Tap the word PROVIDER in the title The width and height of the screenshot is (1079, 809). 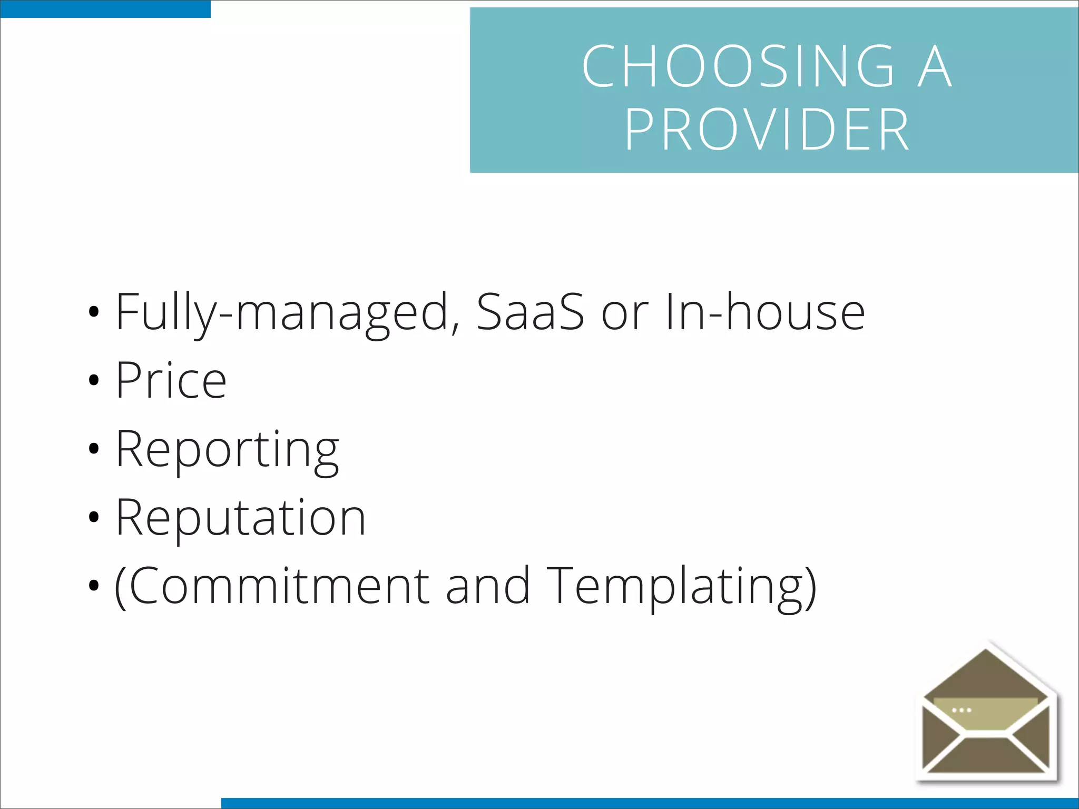click(767, 130)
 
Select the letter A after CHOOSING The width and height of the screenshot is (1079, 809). click(935, 67)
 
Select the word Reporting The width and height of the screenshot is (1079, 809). click(227, 451)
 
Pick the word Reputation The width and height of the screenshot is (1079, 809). click(240, 518)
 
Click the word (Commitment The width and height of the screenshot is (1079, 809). click(272, 587)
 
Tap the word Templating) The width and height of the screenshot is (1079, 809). click(681, 588)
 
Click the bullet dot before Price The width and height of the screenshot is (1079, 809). click(94, 380)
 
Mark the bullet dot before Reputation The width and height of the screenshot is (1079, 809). click(94, 517)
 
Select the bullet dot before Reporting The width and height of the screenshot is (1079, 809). click(94, 449)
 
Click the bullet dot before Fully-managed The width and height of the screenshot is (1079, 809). click(94, 312)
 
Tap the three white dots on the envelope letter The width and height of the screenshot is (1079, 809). click(962, 711)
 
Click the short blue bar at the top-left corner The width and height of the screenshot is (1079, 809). click(105, 9)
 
